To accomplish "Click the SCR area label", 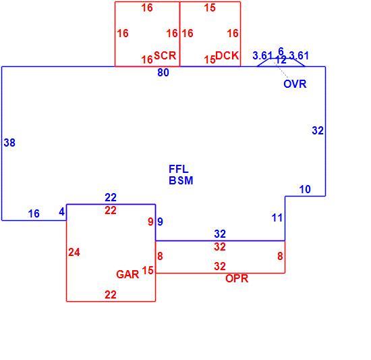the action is coord(165,56).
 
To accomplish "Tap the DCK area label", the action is coord(227,55).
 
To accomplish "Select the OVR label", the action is coord(295,84).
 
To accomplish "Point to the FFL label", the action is coord(179,169).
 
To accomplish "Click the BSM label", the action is coord(181,180).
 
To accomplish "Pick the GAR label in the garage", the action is coord(127,274).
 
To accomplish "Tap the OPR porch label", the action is coord(237,278).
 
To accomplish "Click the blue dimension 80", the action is coord(163,72).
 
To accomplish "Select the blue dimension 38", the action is coord(9,143).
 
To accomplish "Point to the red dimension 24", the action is coord(74,253).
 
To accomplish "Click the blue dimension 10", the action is coord(305,190).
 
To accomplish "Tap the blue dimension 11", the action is coord(277,218).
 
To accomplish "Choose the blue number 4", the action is coord(62,212).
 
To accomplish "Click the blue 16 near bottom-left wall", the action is coord(34,213).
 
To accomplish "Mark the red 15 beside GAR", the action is coord(148,270).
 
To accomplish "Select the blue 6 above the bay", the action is coord(281,51).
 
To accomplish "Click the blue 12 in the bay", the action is coord(281,60).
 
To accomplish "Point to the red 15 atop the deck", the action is coord(210,8).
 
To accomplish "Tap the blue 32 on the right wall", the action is coord(318,131).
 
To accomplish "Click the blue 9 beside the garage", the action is coord(160,222).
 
